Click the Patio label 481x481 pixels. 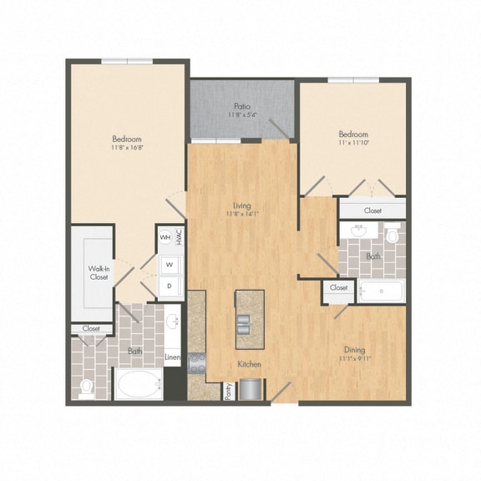[242, 106]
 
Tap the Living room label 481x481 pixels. [242, 205]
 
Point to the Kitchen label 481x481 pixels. [249, 365]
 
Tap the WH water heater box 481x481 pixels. [165, 237]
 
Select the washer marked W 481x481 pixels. [170, 264]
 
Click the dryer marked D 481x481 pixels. [170, 286]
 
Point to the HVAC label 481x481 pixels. [179, 237]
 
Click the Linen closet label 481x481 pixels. [172, 358]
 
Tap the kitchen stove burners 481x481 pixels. [198, 362]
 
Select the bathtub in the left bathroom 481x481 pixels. [138, 386]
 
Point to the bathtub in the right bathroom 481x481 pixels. [380, 291]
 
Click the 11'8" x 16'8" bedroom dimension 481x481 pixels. [127, 149]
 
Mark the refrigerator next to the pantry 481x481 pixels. [251, 389]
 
